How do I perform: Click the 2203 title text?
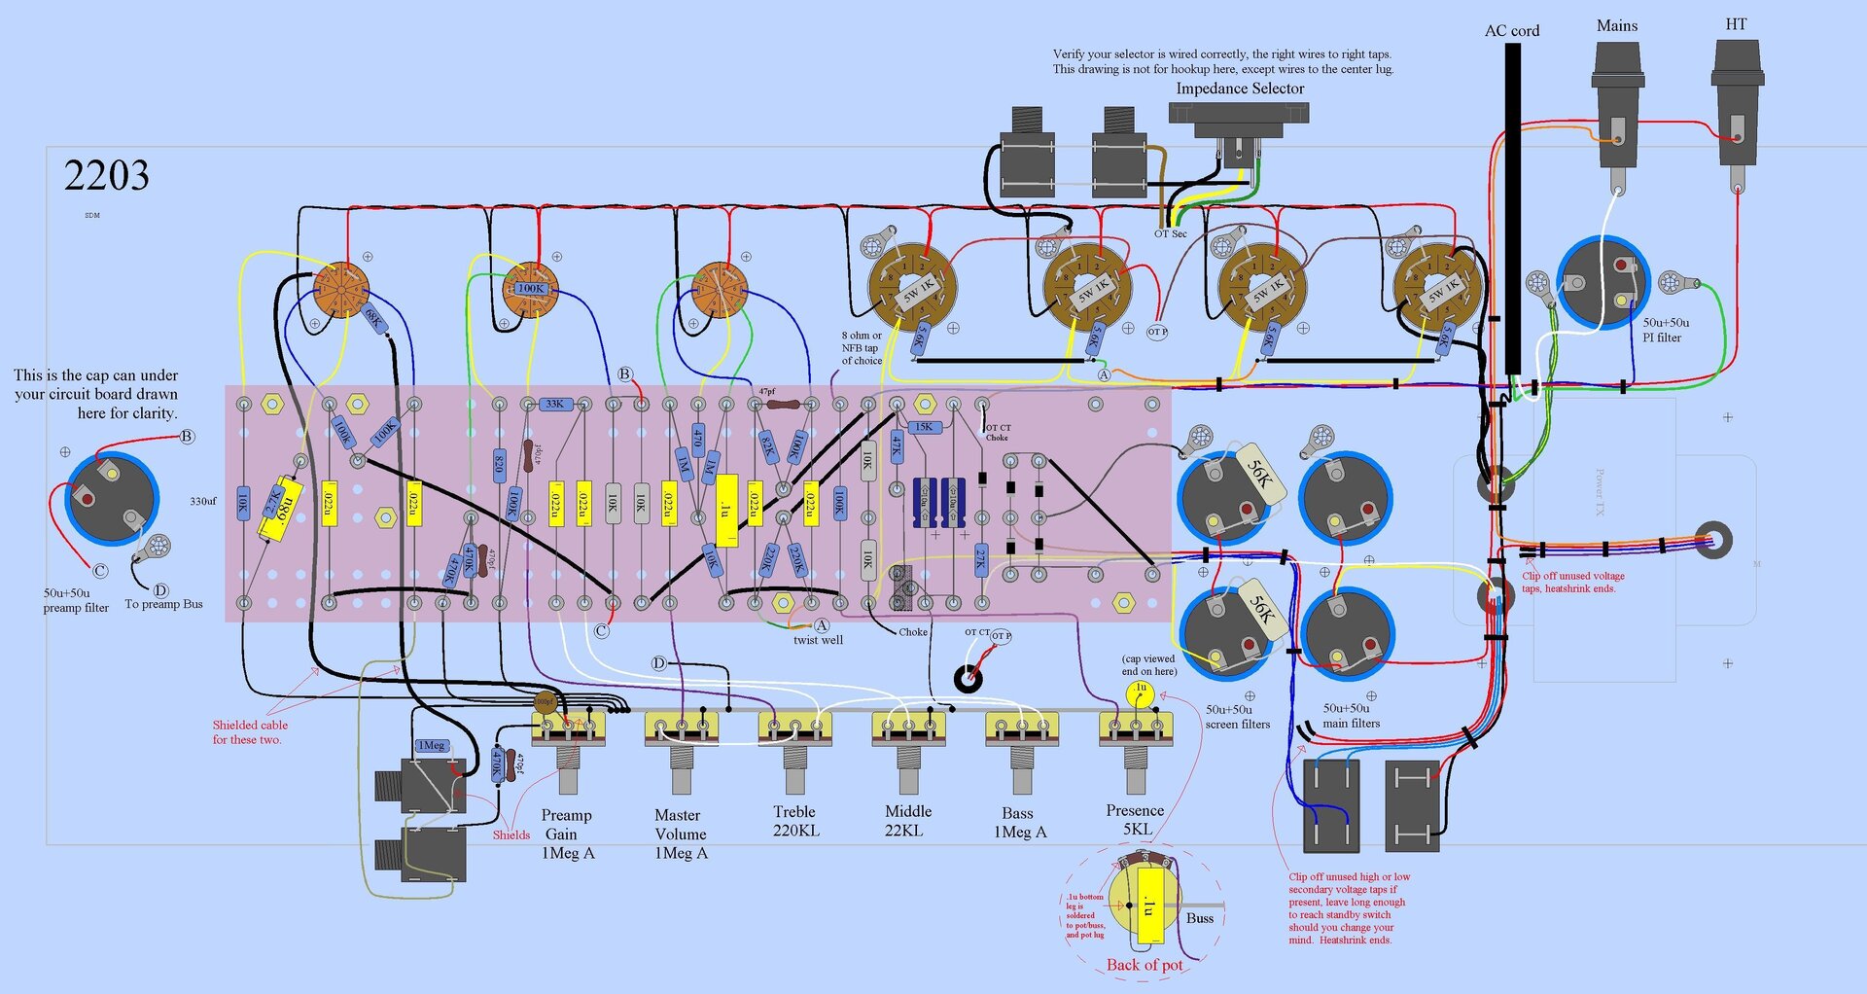pos(106,176)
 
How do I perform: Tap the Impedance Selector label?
pos(1240,89)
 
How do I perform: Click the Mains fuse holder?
pos(1617,107)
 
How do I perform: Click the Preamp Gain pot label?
pos(567,834)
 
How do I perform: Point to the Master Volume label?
pos(680,834)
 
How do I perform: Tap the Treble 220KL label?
pos(795,821)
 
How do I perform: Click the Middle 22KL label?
pos(907,821)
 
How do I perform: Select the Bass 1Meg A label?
pos(1019,822)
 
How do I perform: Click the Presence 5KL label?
pos(1135,820)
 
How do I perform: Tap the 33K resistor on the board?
pos(554,405)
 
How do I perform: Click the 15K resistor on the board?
pos(923,427)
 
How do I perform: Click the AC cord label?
pos(1511,31)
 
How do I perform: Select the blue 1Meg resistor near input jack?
pos(431,746)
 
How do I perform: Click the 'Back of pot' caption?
pos(1145,965)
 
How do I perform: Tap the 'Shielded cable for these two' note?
pos(249,732)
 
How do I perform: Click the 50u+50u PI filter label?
pos(1665,330)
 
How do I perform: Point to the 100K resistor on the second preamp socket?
pos(531,289)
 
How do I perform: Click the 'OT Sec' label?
pos(1170,234)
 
